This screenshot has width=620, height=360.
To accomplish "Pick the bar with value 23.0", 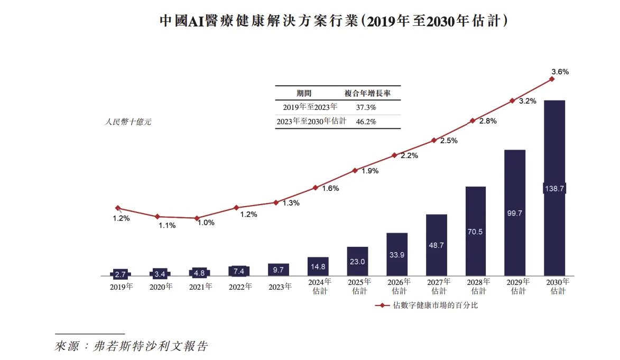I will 357,261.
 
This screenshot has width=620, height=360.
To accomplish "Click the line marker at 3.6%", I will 552,79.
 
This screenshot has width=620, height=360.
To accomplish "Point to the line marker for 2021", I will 197,218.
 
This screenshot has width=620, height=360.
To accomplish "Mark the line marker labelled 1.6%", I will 315,188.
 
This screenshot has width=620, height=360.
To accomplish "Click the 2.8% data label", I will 487,121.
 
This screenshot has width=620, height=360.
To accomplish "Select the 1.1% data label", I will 168,225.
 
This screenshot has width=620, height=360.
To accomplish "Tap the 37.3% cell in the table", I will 367,107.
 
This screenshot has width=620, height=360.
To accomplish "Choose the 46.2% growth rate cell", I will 367,121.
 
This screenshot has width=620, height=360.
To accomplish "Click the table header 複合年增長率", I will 367,93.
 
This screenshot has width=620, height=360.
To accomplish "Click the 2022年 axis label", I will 240,287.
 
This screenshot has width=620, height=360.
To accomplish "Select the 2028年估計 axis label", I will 478,286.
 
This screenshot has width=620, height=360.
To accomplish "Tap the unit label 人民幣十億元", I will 127,122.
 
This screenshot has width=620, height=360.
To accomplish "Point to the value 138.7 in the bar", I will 554,189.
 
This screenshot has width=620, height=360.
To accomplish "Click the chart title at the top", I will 334,21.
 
